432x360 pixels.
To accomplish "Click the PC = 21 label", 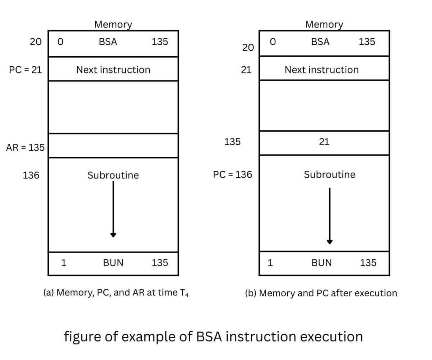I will pos(25,70).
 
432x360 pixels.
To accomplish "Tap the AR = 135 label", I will pos(25,148).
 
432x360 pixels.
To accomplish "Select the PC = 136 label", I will pos(232,174).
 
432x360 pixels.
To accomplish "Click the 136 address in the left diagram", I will pos(31,175).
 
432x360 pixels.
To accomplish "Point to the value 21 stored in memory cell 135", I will pos(324,142).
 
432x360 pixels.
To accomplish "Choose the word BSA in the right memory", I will pos(320,42).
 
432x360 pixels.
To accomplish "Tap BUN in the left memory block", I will pos(113,263).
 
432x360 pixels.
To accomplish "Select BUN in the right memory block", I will pos(321,263).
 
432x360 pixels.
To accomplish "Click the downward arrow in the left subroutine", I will pos(113,209).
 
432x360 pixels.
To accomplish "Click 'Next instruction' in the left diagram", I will pos(113,70).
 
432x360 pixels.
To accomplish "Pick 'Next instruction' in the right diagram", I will pos(321,70).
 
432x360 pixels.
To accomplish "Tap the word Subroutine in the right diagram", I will pos(329,174).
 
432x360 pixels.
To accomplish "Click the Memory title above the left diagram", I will pos(113,24).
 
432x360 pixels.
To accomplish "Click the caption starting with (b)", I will pos(321,293).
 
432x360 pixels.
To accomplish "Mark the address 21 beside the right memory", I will pos(246,70).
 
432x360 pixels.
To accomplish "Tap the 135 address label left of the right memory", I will pos(232,142).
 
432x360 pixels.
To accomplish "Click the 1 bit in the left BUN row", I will pos(64,263).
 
